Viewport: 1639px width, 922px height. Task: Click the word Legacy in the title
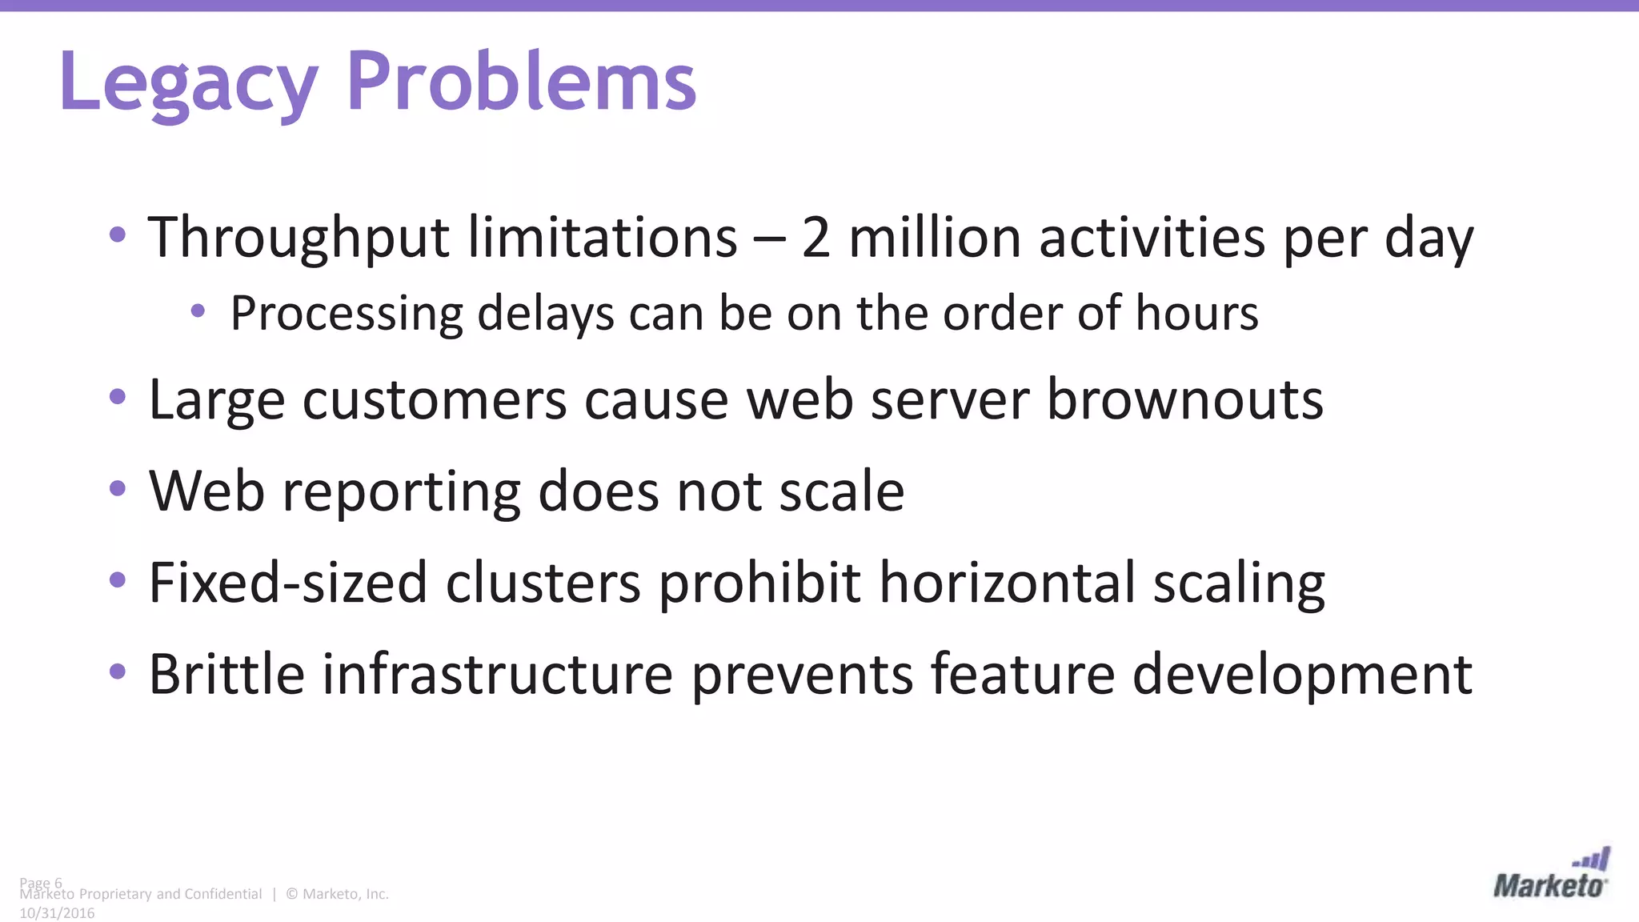(188, 82)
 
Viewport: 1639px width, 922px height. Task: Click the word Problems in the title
(521, 81)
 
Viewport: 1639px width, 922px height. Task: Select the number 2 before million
(815, 238)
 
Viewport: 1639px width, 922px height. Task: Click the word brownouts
(1185, 399)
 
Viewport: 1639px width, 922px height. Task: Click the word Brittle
(226, 674)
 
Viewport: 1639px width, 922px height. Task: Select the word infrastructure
(498, 674)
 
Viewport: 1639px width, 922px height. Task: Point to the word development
(1302, 675)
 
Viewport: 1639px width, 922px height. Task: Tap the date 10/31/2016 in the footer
(57, 913)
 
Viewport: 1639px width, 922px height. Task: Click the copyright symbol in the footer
(291, 894)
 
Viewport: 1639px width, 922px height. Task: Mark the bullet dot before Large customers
(118, 397)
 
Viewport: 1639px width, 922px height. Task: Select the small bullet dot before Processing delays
(198, 311)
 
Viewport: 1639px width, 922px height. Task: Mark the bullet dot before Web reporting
(118, 488)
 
